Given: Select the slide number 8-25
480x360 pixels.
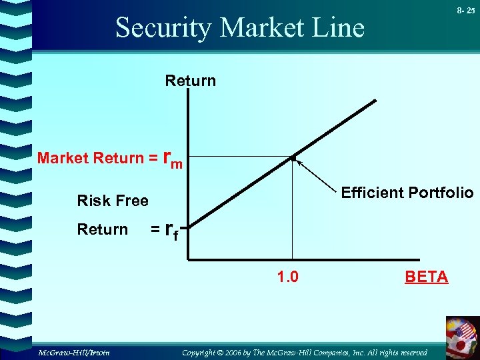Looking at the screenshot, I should coord(466,11).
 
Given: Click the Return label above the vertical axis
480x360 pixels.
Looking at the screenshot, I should coord(191,81).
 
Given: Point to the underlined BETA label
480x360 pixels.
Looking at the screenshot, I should coord(427,277).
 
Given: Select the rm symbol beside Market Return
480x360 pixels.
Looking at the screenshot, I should coord(174,160).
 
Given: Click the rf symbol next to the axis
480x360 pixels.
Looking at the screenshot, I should coord(172,231).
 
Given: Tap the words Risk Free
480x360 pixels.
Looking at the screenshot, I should coord(113,201).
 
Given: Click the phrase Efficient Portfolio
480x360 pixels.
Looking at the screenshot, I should coord(407,193).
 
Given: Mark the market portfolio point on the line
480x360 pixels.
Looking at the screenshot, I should coord(293,158).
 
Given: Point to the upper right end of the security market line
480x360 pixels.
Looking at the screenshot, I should coord(375,101).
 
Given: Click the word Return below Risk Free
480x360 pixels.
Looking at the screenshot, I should coord(102,229).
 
